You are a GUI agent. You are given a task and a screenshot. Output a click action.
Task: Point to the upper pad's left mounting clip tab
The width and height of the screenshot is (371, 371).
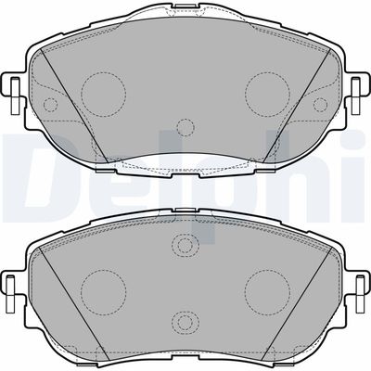click(x=14, y=96)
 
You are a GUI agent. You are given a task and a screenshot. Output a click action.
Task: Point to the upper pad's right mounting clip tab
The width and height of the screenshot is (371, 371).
click(x=356, y=96)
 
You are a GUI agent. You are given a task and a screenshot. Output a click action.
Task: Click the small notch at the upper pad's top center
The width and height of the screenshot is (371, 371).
click(x=185, y=6)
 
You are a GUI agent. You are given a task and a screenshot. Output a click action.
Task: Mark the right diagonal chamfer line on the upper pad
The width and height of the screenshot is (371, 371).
click(x=298, y=105)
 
